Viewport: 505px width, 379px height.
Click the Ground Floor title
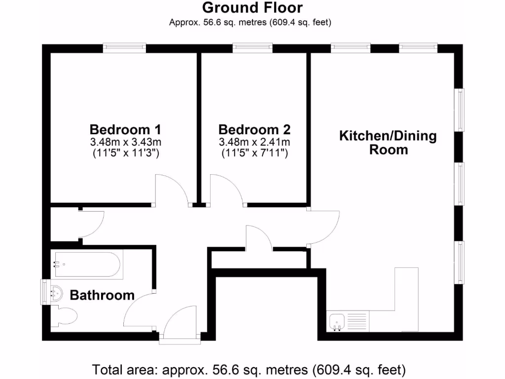tap(252, 8)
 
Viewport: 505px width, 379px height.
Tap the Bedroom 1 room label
tap(125, 130)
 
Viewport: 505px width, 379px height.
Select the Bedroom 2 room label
tap(254, 130)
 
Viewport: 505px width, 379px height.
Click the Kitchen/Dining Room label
tap(388, 143)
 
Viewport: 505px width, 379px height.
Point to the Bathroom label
tap(102, 295)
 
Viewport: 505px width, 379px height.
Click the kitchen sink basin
tap(337, 322)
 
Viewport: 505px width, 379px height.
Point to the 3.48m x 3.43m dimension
tap(125, 143)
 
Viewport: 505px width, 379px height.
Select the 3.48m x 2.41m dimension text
tap(254, 143)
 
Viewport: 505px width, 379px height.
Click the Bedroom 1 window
tap(124, 48)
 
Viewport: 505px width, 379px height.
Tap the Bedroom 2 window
tap(252, 48)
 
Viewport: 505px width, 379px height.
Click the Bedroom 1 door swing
tap(170, 190)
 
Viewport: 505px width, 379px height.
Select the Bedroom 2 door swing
tap(226, 190)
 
